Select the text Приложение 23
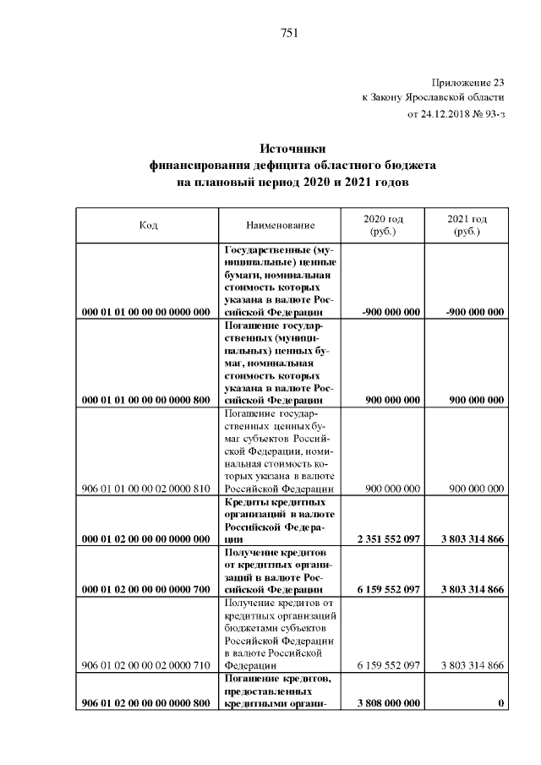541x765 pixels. (468, 83)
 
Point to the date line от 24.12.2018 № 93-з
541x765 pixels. (456, 113)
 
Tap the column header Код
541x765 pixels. (148, 226)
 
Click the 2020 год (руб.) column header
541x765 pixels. (383, 225)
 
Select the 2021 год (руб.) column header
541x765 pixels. (467, 225)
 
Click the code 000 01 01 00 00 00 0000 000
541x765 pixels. (145, 312)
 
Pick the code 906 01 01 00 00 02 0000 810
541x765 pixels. (145, 489)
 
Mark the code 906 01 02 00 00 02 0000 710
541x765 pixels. (145, 665)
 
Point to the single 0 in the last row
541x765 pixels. (501, 703)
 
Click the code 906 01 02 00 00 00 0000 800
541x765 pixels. (145, 703)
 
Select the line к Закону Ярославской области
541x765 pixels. (433, 98)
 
